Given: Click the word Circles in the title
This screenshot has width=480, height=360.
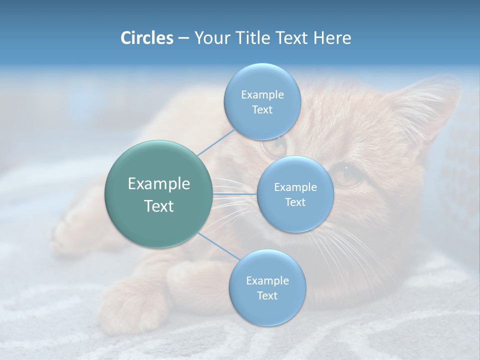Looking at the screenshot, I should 146,38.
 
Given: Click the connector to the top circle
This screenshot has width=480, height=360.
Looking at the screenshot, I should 216,141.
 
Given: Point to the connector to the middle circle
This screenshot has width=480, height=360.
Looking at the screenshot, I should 234,193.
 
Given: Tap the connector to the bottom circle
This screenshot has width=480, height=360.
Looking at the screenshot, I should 218,246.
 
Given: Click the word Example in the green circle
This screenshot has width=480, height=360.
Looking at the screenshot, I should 159,184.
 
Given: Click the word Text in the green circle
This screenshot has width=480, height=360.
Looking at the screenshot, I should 159,206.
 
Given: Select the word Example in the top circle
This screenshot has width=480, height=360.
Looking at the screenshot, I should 262,95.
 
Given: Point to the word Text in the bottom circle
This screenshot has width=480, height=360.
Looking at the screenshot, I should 267,295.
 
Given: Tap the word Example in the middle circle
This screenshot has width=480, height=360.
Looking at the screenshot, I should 295,187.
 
